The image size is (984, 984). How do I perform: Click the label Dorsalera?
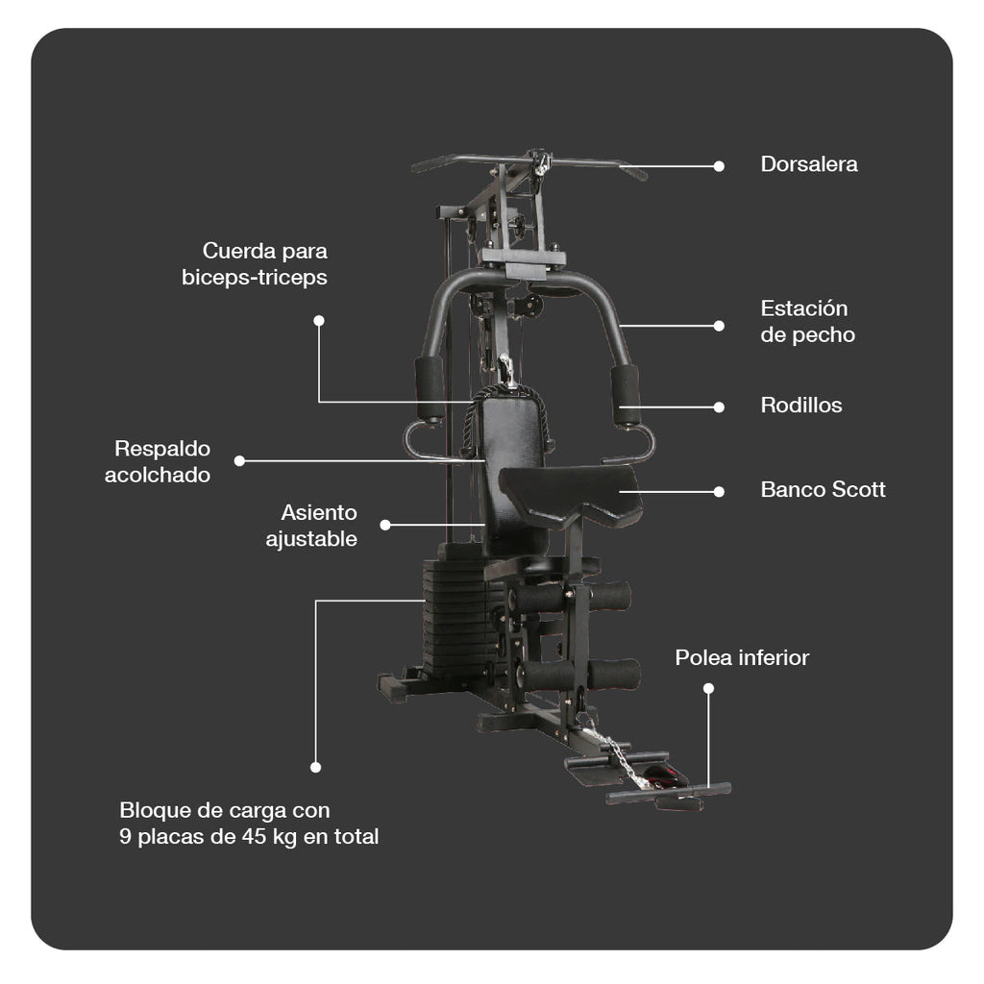click(x=808, y=164)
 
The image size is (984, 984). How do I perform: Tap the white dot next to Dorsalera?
click(x=719, y=165)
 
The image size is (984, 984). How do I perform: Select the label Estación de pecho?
click(x=807, y=322)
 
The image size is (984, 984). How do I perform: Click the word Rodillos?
click(x=800, y=406)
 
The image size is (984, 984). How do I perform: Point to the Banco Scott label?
click(x=823, y=490)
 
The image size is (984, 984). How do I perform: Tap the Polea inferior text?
click(x=741, y=658)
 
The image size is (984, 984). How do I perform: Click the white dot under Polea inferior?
click(x=708, y=688)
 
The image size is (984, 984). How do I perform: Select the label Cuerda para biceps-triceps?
click(x=256, y=264)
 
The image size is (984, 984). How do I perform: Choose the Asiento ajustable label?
click(x=312, y=526)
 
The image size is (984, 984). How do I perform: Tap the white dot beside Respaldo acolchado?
click(x=239, y=460)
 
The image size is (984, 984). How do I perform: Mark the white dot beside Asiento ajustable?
click(x=385, y=525)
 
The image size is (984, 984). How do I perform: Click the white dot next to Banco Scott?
click(x=719, y=491)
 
